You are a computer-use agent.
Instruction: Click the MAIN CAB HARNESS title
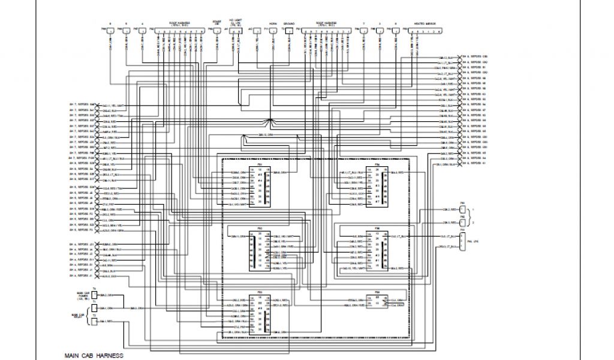[94, 355]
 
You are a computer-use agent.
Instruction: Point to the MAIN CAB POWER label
[83, 296]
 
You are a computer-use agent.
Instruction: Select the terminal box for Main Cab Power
[94, 295]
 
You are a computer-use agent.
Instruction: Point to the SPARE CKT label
[217, 23]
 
